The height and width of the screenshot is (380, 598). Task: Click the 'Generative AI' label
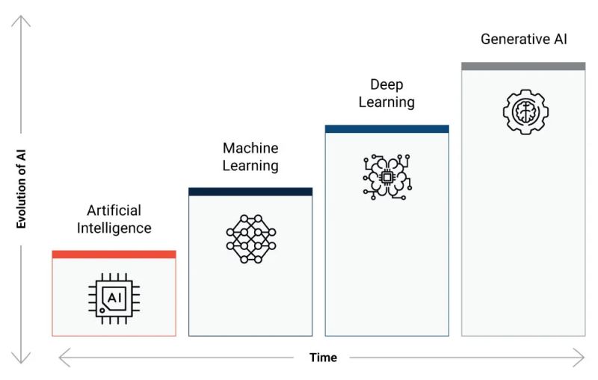pyautogui.click(x=523, y=39)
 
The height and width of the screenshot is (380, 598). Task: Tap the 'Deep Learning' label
pyautogui.click(x=386, y=93)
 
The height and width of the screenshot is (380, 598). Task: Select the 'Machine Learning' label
pyautogui.click(x=250, y=157)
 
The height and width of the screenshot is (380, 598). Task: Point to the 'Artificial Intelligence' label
pyautogui.click(x=114, y=219)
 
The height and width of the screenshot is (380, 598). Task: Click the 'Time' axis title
pyautogui.click(x=323, y=358)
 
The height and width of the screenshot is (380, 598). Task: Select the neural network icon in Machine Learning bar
pyautogui.click(x=250, y=237)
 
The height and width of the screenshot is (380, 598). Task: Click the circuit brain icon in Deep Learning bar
pyautogui.click(x=386, y=177)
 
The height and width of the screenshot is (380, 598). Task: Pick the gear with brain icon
pyautogui.click(x=525, y=112)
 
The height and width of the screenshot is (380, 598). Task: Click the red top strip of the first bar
pyautogui.click(x=114, y=255)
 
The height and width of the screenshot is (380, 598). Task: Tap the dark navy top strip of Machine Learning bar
pyautogui.click(x=250, y=192)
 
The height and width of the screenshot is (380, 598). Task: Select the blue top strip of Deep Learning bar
pyautogui.click(x=386, y=129)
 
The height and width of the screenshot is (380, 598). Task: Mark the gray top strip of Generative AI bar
pyautogui.click(x=523, y=66)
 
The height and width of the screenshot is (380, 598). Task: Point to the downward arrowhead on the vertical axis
pyautogui.click(x=22, y=360)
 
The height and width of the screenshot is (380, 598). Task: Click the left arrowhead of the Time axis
pyautogui.click(x=64, y=358)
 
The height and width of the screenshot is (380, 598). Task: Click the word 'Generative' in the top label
pyautogui.click(x=511, y=39)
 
